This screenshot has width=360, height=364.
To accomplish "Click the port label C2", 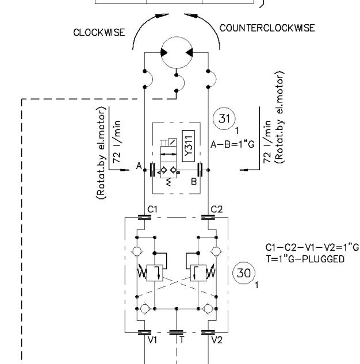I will [x=216, y=209].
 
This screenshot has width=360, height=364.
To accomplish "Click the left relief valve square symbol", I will [x=154, y=273].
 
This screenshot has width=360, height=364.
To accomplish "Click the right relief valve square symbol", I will [x=197, y=273].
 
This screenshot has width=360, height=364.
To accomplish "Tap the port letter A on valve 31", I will [x=138, y=166].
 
